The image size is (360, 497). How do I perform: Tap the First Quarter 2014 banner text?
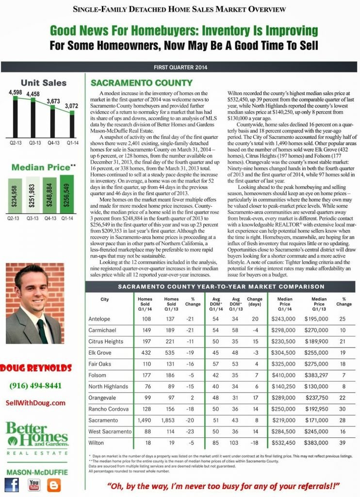(180, 67)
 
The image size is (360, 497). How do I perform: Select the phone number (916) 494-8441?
(35, 386)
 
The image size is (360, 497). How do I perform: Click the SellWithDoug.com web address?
(36, 403)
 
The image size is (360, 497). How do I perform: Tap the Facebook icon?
(12, 484)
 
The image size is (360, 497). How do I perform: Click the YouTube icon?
(34, 484)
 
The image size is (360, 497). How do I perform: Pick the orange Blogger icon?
(54, 484)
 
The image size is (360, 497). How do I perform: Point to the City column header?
(104, 299)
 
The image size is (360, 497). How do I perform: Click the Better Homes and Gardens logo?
(37, 437)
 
